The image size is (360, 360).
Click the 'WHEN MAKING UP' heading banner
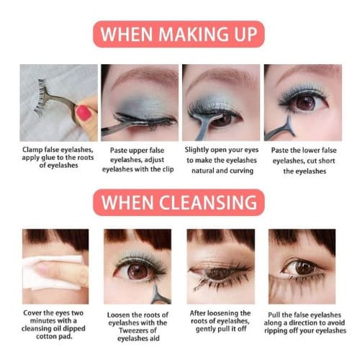[179, 34]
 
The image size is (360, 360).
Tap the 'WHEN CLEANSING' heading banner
[179, 202]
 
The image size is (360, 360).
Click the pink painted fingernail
[83, 113]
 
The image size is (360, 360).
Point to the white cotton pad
[53, 272]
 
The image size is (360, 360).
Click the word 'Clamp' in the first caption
[33, 150]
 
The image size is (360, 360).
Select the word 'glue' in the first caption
[49, 158]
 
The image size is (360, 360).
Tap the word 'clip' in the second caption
[168, 169]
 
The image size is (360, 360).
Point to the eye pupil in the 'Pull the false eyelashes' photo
[302, 268]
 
